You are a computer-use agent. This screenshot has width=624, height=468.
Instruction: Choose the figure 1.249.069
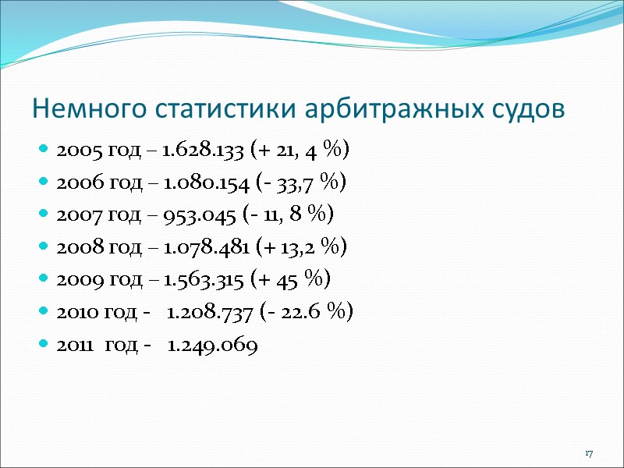[x=213, y=346]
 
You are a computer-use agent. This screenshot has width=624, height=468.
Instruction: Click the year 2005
[x=75, y=151]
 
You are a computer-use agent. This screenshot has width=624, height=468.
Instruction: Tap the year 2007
[x=75, y=215]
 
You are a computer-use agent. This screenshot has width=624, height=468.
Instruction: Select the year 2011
[x=73, y=346]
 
